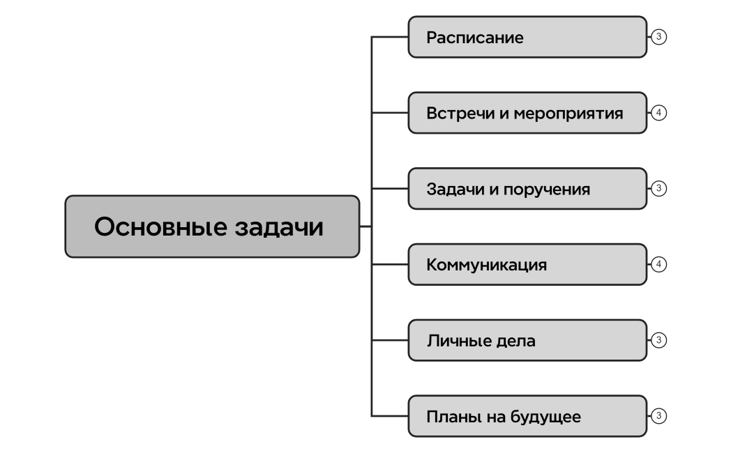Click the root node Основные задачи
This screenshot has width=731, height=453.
[212, 227]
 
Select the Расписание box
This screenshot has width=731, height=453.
[527, 37]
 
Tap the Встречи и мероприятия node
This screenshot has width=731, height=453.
[527, 113]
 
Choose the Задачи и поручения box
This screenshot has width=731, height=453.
[527, 189]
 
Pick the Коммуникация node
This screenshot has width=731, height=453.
[527, 265]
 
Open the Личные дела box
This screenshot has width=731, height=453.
[527, 341]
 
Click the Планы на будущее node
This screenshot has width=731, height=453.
[527, 417]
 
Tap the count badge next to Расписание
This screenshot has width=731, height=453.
[658, 36]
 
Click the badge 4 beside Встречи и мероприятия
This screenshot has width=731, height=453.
[658, 112]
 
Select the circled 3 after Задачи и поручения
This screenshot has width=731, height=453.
[658, 188]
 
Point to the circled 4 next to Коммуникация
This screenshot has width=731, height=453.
[658, 264]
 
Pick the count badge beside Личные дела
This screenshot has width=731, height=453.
[658, 340]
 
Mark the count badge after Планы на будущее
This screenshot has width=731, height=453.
[658, 416]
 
